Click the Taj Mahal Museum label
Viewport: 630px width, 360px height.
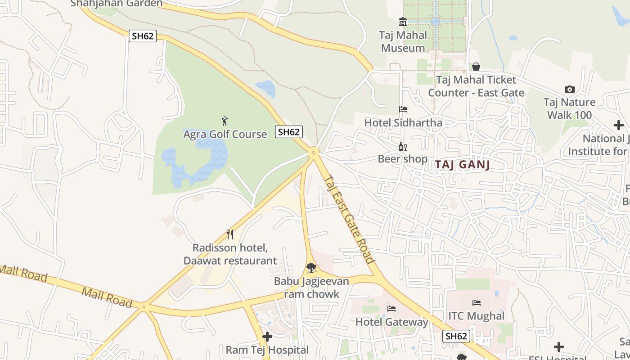tap(402, 41)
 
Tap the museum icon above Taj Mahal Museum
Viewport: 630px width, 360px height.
tap(403, 22)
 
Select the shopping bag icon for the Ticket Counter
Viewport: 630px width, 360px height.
tap(476, 67)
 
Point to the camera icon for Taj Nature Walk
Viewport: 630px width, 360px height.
tap(569, 89)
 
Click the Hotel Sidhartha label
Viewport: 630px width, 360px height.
tap(403, 122)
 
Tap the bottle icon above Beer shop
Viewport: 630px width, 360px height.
tap(402, 146)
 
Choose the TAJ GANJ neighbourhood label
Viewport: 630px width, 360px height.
tap(462, 165)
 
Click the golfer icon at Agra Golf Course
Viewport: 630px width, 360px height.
tap(225, 121)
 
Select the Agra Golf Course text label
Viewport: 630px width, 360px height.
tap(225, 134)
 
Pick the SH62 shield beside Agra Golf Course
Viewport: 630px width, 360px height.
tap(289, 132)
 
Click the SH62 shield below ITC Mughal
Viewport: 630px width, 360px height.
tap(456, 336)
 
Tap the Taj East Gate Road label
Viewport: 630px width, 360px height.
tap(349, 219)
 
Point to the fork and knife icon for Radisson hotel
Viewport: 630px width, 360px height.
tap(230, 234)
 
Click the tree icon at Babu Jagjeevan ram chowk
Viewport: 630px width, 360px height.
tap(311, 268)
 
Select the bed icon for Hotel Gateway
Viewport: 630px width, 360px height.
tap(391, 309)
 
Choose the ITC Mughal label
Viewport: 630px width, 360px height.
tap(476, 316)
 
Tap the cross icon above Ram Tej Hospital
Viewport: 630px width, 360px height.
tap(267, 337)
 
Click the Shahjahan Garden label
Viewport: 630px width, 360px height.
tap(116, 4)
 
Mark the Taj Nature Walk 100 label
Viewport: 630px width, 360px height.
tap(569, 108)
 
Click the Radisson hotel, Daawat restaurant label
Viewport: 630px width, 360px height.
tap(230, 254)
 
